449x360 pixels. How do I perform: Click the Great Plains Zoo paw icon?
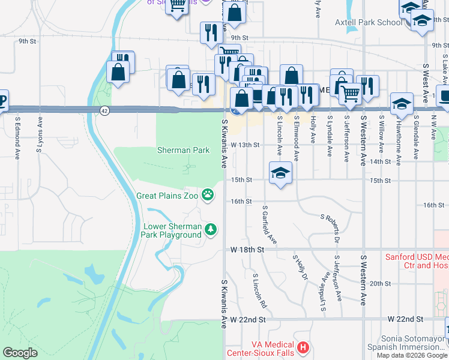click(208, 195)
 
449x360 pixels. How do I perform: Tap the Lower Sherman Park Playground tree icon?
click(211, 229)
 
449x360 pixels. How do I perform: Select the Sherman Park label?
click(183, 150)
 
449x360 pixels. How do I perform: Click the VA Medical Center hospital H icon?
click(303, 347)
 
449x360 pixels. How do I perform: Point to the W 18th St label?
click(247, 249)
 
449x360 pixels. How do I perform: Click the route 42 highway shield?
click(105, 110)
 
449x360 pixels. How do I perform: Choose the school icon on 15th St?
click(280, 173)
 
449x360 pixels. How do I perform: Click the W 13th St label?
click(245, 145)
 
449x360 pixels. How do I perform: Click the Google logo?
click(20, 352)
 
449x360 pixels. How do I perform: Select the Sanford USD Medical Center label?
click(416, 261)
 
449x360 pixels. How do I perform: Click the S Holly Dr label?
click(300, 267)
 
